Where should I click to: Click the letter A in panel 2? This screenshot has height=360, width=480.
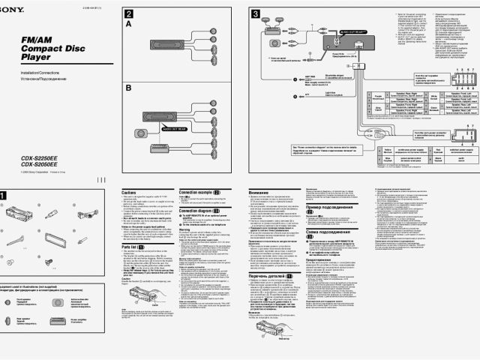click(128, 24)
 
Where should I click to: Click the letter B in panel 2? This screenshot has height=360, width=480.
click(128, 87)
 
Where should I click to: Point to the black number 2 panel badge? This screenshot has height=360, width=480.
click(129, 14)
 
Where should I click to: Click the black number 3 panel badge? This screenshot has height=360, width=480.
click(256, 14)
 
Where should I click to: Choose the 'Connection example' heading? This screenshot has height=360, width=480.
click(198, 192)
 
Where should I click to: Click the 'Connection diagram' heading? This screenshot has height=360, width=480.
click(198, 211)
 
